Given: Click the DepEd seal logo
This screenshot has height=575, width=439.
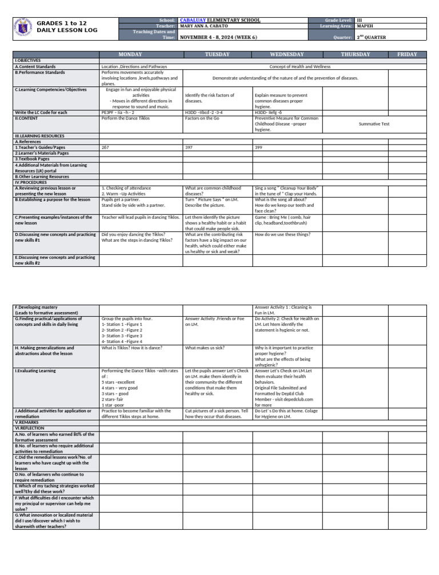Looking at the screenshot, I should tap(22, 28).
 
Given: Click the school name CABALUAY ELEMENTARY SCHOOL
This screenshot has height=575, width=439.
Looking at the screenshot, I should tap(220, 20).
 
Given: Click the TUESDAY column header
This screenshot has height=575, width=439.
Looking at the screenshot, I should tap(217, 54).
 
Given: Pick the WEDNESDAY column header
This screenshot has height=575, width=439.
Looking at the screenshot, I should tap(287, 54).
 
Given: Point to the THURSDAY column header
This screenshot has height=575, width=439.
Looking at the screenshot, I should tap(355, 54).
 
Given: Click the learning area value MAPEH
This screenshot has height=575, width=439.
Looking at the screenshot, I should tap(365, 26).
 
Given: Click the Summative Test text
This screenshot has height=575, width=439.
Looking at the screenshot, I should tap(374, 123).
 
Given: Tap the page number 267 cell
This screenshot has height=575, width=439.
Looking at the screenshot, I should tap(105, 147).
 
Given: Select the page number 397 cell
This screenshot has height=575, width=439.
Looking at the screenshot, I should tap(189, 147).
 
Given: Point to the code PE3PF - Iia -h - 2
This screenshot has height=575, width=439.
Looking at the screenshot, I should tap(118, 113).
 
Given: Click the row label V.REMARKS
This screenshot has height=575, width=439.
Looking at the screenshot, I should tap(27, 422).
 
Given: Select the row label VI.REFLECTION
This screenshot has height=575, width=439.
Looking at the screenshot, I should tap(30, 428).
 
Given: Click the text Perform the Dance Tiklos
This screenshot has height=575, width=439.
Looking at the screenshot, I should tap(125, 118).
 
